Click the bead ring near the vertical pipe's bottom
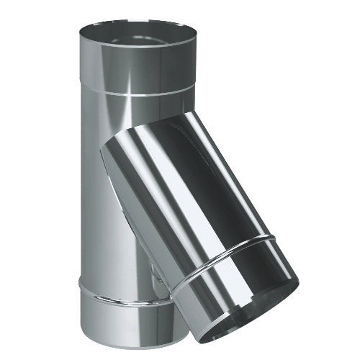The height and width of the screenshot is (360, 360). click(x=108, y=294)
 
